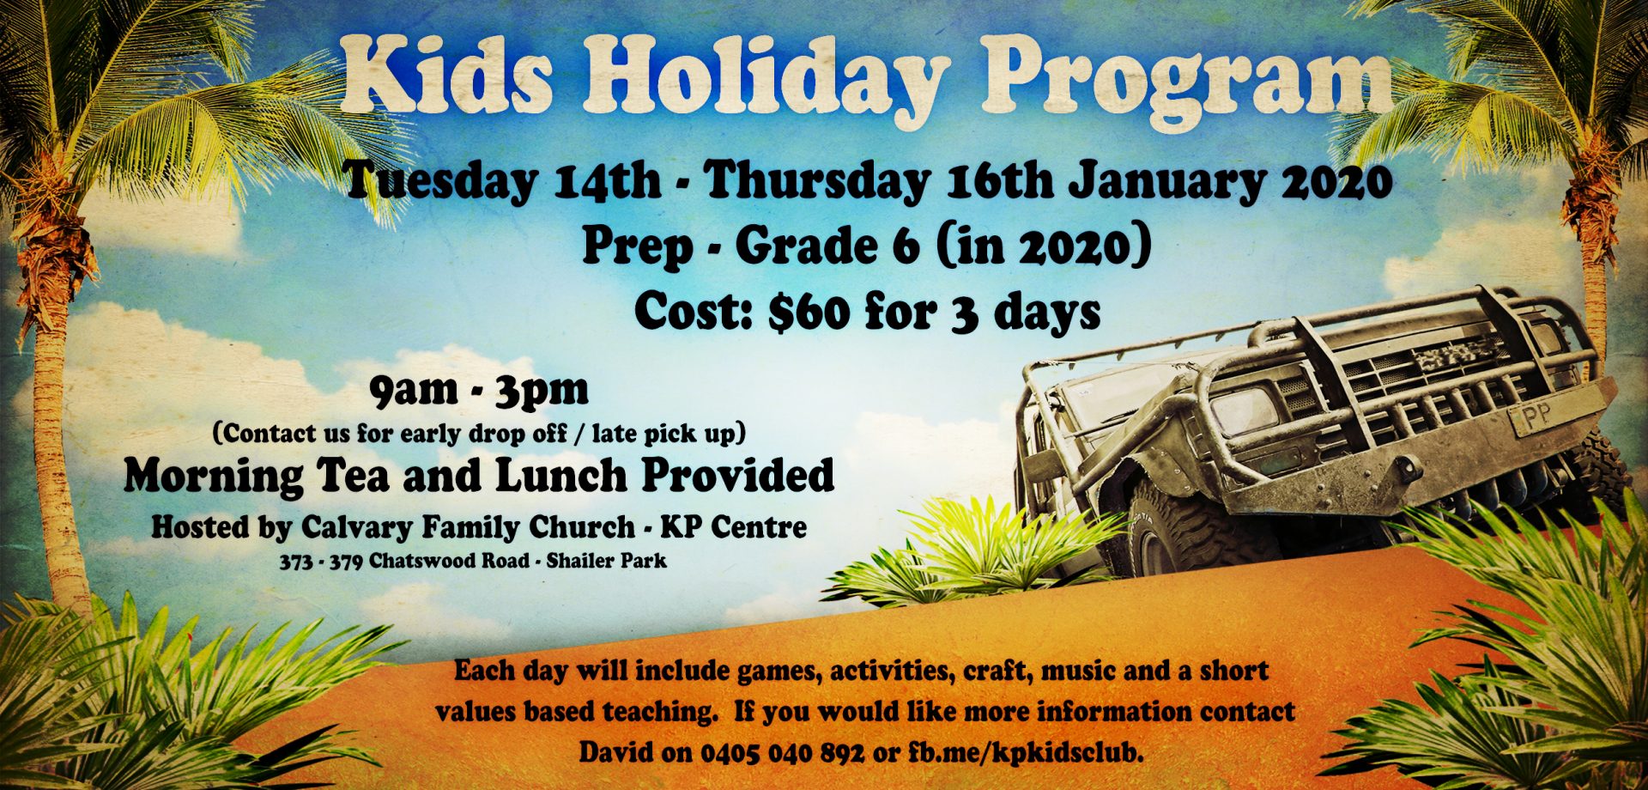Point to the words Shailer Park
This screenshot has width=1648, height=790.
[606, 562]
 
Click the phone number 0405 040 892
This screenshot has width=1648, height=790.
[782, 753]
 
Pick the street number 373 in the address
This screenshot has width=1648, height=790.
[296, 562]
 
